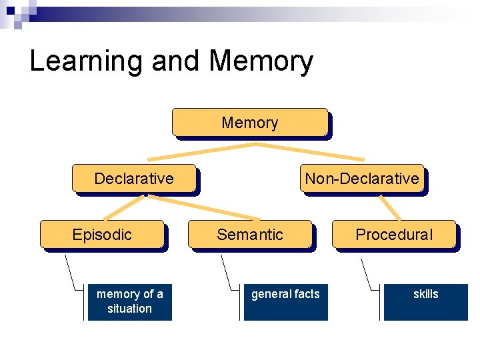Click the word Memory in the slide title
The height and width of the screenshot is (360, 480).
coord(261,61)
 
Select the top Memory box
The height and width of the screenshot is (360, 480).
coord(250,123)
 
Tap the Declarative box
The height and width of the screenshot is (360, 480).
coord(134,179)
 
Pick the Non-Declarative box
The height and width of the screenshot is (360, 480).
coord(362,179)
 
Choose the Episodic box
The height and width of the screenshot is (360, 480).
coord(102,235)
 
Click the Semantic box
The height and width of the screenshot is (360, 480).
coord(250,235)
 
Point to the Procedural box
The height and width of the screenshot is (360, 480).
coord(394,235)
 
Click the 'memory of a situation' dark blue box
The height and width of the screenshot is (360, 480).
coord(130,302)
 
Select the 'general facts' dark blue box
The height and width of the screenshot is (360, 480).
coord(285,302)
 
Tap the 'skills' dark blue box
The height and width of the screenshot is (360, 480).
coord(425,302)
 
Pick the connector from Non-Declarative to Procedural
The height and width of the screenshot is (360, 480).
coord(390,207)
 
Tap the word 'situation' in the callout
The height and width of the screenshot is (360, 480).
coord(130,309)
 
